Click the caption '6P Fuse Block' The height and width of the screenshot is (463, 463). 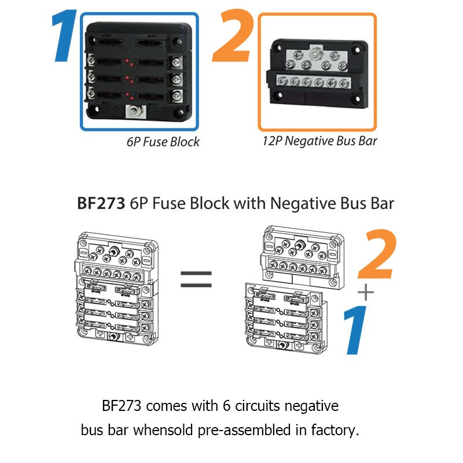click(x=163, y=142)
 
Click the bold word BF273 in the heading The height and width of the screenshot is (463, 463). click(x=102, y=204)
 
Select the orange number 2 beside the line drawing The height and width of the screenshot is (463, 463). click(x=377, y=256)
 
